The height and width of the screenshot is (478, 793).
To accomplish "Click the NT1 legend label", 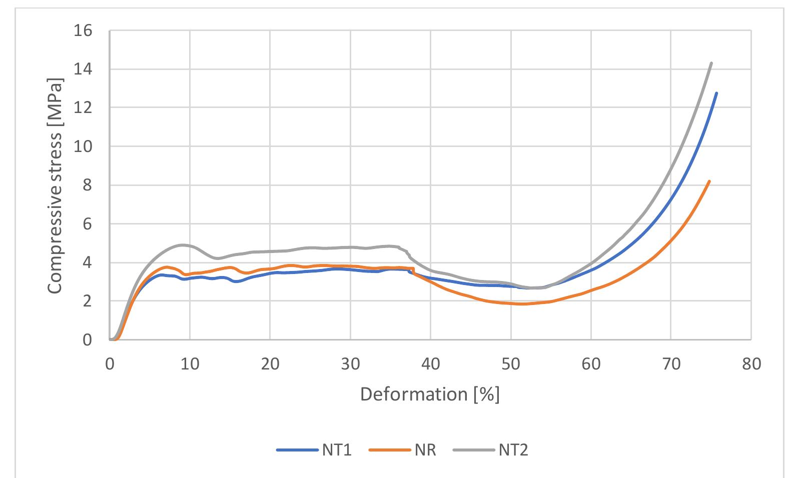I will pyautogui.click(x=336, y=450).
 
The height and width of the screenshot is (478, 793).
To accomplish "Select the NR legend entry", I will pyautogui.click(x=425, y=450).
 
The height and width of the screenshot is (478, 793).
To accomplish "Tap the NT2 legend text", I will pyautogui.click(x=513, y=450).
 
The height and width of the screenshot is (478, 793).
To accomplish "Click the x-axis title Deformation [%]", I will pyautogui.click(x=430, y=394).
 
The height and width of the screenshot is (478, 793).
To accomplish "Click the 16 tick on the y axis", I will pyautogui.click(x=83, y=31).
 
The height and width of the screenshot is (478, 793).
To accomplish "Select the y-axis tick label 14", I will pyautogui.click(x=83, y=69).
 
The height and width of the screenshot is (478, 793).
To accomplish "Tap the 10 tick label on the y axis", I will pyautogui.click(x=83, y=147).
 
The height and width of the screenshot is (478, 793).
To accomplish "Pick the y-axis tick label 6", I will pyautogui.click(x=87, y=224).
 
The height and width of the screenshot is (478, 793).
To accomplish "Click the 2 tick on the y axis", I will pyautogui.click(x=87, y=301).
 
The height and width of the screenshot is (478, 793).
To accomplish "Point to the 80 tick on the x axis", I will pyautogui.click(x=751, y=363).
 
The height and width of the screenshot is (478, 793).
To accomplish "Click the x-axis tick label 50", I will pyautogui.click(x=511, y=363).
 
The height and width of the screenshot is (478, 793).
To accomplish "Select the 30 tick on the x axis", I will pyautogui.click(x=350, y=363).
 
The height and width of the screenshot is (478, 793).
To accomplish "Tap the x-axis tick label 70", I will pyautogui.click(x=671, y=363).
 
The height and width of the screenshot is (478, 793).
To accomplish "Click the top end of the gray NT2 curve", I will pyautogui.click(x=711, y=63).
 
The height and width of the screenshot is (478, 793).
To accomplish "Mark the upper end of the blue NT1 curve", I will pyautogui.click(x=716, y=93).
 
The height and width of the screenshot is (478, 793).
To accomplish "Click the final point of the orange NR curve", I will pyautogui.click(x=709, y=181).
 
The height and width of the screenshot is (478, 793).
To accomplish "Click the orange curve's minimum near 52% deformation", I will pyautogui.click(x=523, y=303).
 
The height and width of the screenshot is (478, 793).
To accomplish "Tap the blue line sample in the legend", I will pyautogui.click(x=297, y=450).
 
